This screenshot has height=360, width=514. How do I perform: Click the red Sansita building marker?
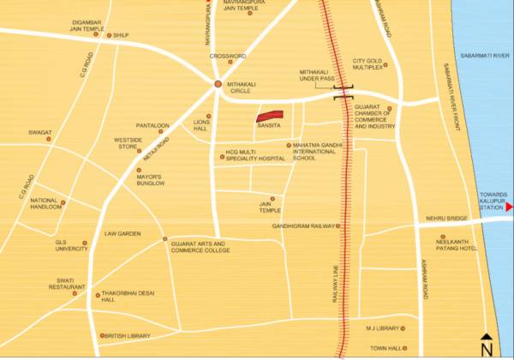[270, 116]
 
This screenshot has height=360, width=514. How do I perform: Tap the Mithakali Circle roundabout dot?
[218, 85]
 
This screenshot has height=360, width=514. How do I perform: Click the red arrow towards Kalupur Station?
[509, 207]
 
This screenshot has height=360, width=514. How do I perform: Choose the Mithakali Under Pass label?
[320, 76]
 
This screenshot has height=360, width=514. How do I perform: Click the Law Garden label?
[123, 233]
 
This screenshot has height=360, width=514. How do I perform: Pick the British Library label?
[128, 336]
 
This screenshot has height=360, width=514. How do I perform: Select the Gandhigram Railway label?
[303, 226]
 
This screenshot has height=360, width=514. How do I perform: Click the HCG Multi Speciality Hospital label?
[254, 156]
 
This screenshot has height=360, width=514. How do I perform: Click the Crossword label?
[229, 57]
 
